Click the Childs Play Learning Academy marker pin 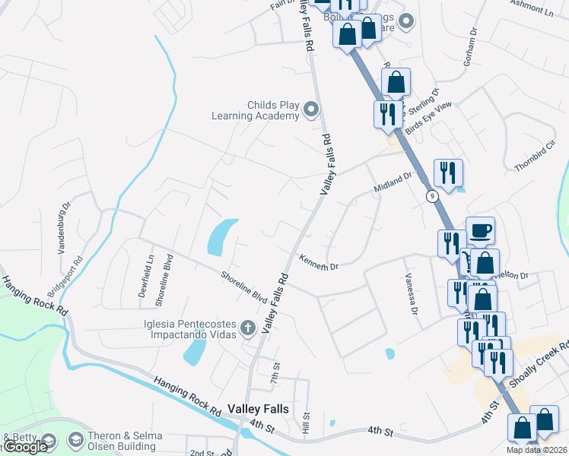click(310, 111)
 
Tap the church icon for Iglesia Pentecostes click(247, 329)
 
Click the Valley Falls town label click(258, 409)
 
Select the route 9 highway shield click(432, 196)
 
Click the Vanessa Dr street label click(412, 294)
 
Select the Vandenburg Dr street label click(65, 220)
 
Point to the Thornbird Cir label click(531, 156)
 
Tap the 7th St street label click(275, 375)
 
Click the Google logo click(25, 447)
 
